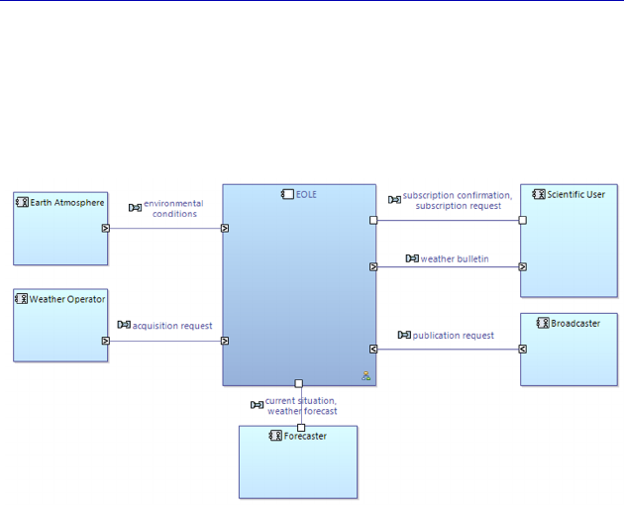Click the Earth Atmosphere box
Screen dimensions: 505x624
point(60,238)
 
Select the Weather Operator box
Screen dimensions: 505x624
point(60,332)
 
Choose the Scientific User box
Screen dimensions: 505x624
point(569,252)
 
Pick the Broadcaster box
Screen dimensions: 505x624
point(569,356)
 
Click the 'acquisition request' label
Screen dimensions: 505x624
point(172,325)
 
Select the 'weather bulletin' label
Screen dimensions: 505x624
point(455,259)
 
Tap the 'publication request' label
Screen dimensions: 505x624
point(453,335)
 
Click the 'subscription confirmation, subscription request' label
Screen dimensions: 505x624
point(458,200)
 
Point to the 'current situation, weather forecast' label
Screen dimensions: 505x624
point(301,406)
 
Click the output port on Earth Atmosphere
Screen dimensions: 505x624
point(105,228)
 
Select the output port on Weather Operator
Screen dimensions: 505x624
point(105,341)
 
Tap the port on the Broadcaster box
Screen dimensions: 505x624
point(522,349)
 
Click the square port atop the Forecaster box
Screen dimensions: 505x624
point(301,428)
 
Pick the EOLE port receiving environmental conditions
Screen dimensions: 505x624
point(225,228)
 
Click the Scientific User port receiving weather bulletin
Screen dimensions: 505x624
point(522,266)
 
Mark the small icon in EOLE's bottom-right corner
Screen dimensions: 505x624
point(365,375)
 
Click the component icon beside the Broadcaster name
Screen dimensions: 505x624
point(542,323)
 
